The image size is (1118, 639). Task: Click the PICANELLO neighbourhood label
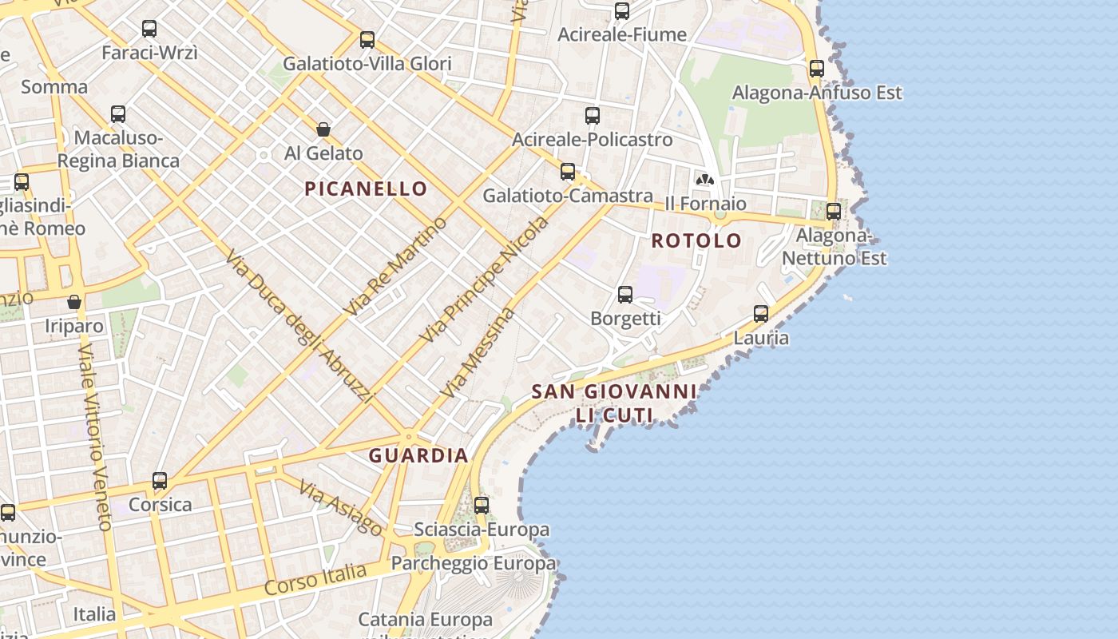coord(367,189)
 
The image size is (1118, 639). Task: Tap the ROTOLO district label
coord(696,240)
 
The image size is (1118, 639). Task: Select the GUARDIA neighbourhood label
coord(418,455)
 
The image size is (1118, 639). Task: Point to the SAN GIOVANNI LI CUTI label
coord(613,403)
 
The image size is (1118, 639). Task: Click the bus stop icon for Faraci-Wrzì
coord(149,29)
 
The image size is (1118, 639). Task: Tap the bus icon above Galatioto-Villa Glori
coord(367,39)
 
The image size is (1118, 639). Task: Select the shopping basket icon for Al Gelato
coord(323,129)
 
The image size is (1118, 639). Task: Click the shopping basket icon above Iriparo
coord(74,302)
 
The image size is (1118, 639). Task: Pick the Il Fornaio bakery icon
coord(704,180)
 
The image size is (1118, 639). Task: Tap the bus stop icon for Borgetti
coord(625,295)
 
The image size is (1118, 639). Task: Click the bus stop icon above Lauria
coord(761,314)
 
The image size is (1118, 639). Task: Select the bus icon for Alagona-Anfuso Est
coord(816,69)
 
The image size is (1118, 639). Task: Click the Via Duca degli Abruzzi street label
coord(299,326)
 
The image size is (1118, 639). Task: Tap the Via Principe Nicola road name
coord(485,280)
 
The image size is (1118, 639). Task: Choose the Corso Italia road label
coord(315,579)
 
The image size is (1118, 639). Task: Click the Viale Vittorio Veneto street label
coord(94,438)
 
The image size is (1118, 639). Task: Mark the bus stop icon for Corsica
coord(160,481)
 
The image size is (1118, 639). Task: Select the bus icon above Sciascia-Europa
coord(482,506)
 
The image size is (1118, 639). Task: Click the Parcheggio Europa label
coord(473,563)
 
